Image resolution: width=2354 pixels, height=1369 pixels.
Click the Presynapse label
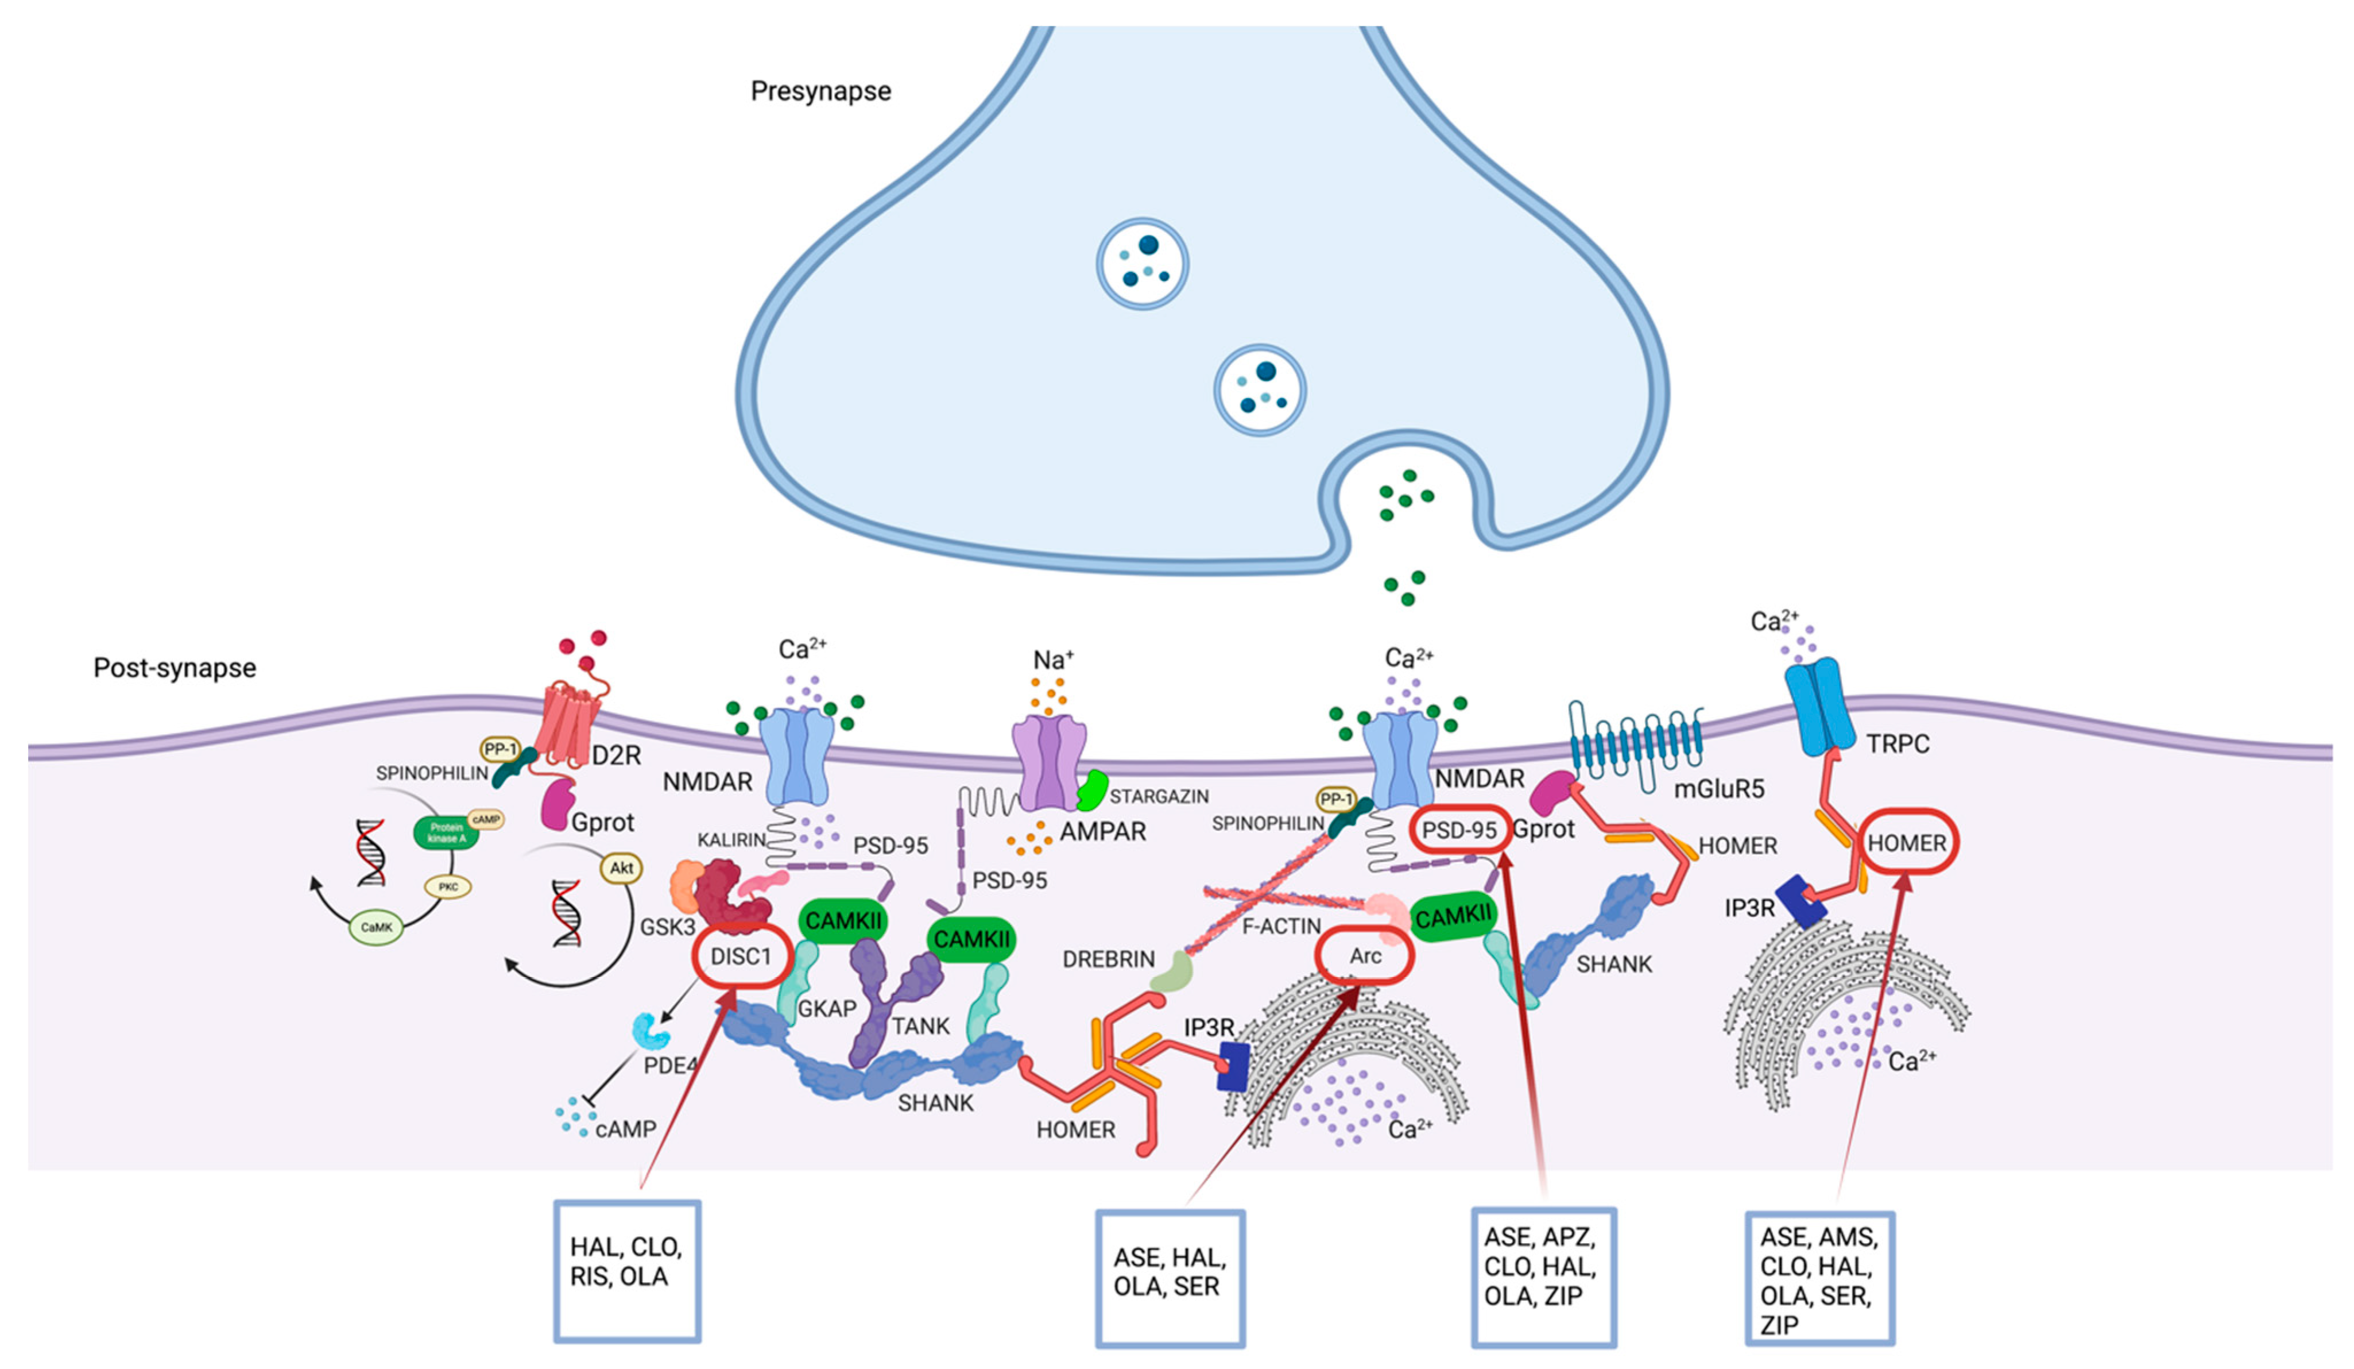click(x=820, y=91)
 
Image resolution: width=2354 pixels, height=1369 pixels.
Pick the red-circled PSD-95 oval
click(x=1458, y=829)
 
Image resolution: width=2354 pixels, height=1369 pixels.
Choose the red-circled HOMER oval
click(x=1907, y=842)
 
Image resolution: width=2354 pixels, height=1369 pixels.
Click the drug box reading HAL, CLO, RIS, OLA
click(x=627, y=1271)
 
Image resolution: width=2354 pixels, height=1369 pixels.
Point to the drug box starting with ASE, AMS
click(x=1819, y=1278)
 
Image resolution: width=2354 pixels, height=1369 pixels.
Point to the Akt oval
click(x=621, y=868)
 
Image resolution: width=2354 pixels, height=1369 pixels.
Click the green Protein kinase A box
click(x=446, y=832)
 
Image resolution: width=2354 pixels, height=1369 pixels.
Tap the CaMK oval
click(x=377, y=927)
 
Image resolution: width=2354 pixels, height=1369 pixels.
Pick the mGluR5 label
click(x=1719, y=789)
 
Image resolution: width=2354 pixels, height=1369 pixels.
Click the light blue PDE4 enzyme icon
click(x=651, y=1031)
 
